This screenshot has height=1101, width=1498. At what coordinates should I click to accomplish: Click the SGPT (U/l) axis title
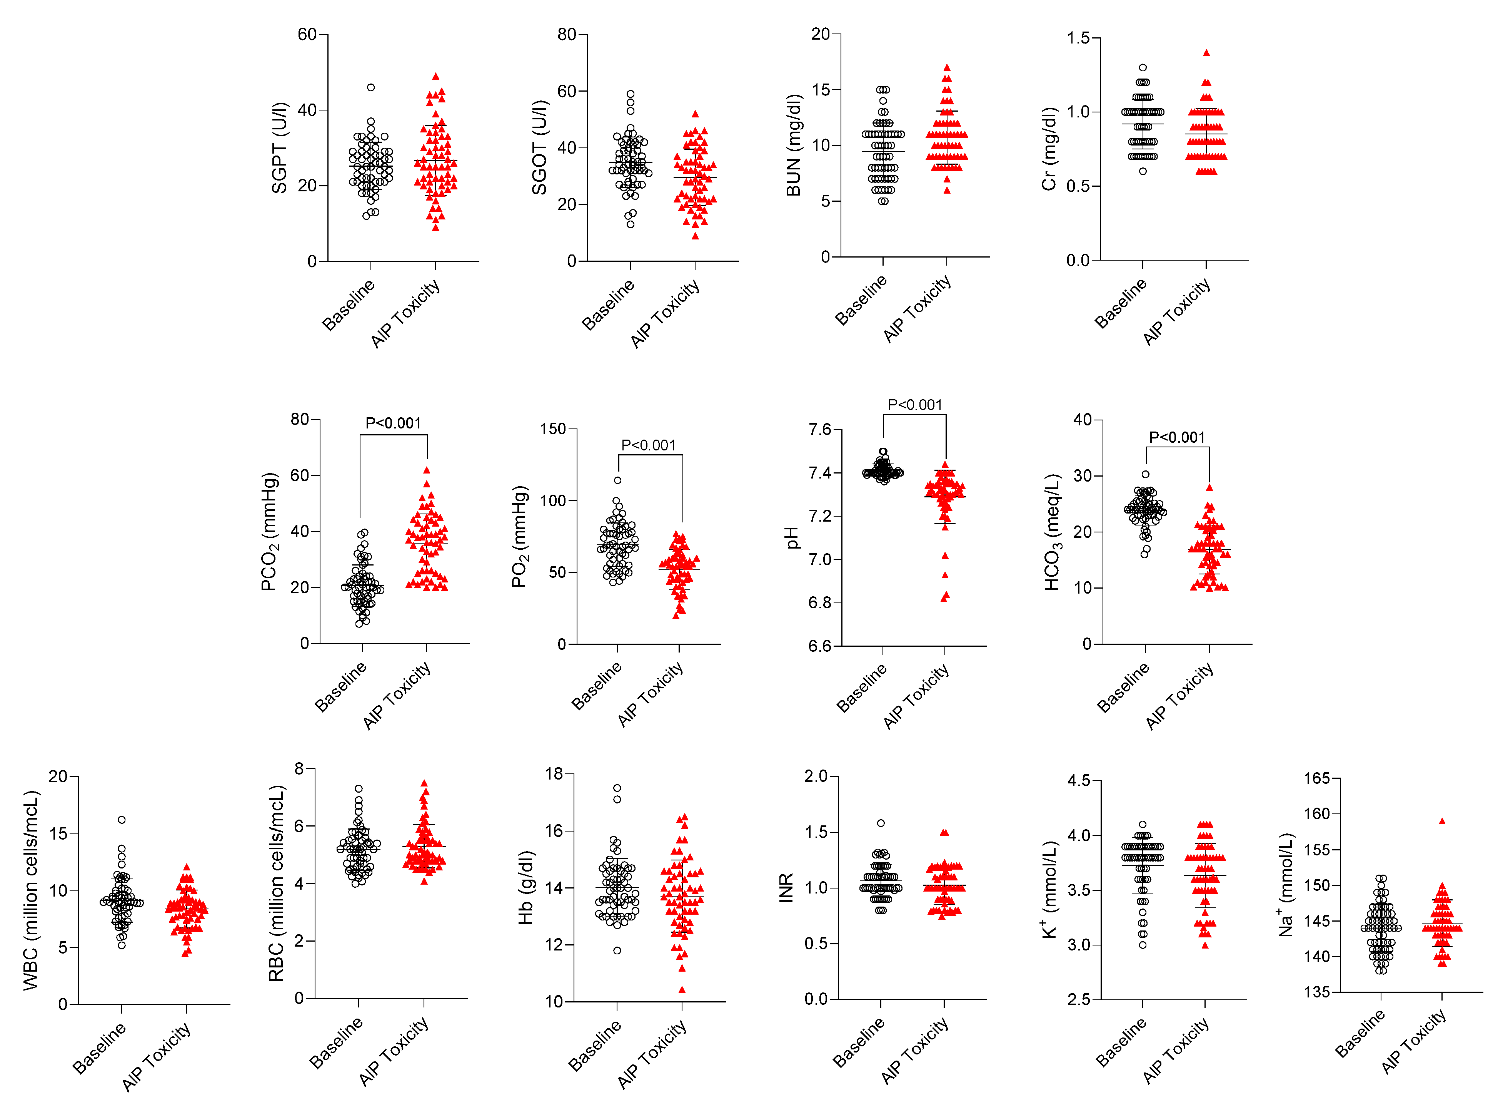pyautogui.click(x=279, y=148)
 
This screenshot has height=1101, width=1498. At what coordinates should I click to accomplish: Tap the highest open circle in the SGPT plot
pyautogui.click(x=371, y=87)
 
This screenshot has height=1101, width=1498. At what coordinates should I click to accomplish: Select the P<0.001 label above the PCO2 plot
pyautogui.click(x=393, y=423)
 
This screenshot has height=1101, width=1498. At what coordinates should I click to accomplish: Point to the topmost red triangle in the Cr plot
pyautogui.click(x=1206, y=53)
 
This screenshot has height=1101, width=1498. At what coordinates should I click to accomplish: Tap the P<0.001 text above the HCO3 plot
pyautogui.click(x=1177, y=438)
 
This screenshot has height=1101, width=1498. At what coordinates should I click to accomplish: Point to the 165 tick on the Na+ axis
pyautogui.click(x=1317, y=778)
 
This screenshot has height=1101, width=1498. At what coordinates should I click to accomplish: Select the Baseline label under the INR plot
pyautogui.click(x=859, y=1043)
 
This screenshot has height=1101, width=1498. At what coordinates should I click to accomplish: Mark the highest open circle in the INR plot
pyautogui.click(x=881, y=823)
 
